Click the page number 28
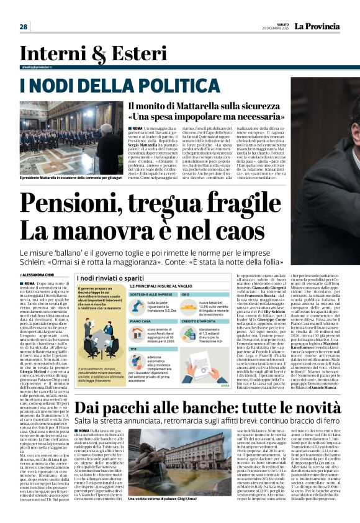[24, 27]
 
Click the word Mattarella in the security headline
[187, 106]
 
